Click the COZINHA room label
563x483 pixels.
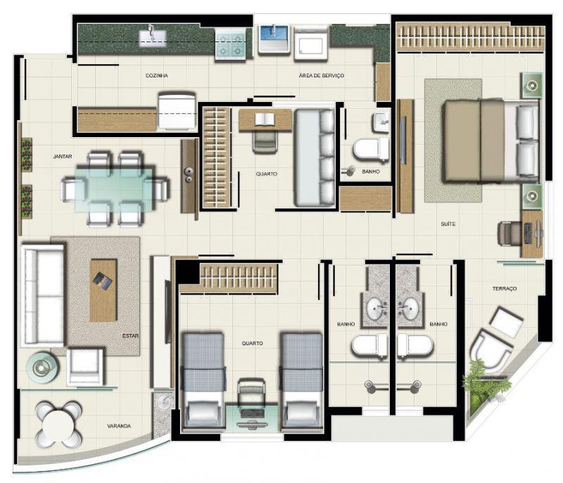pos(156,76)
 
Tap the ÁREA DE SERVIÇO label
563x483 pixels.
pos(322,76)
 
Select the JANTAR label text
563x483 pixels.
pos(63,157)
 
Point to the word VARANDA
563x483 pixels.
pos(119,426)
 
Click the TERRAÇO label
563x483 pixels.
pos(505,289)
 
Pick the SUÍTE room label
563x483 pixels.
pos(448,224)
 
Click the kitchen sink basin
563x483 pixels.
pos(153,38)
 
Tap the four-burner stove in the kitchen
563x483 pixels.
pos(230,46)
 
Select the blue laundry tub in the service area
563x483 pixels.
pos(274,38)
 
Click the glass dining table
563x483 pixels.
pos(115,190)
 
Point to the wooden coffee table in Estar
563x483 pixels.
pos(103,290)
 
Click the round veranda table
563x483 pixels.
pos(58,425)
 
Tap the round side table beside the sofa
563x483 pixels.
pos(42,367)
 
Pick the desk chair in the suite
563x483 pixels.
pos(510,234)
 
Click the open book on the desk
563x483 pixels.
pos(265,120)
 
